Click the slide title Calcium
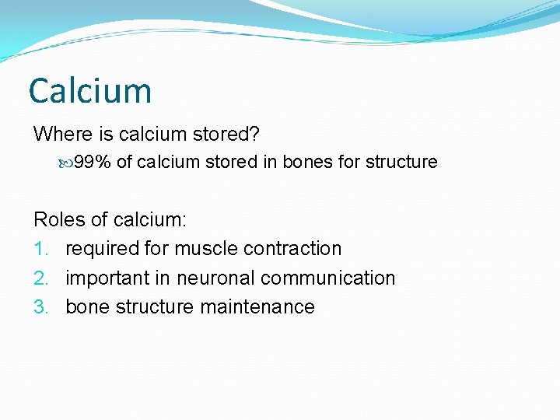click(90, 91)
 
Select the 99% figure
click(92, 162)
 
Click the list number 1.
click(40, 249)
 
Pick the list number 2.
click(41, 278)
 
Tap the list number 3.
click(41, 307)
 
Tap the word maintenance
click(257, 307)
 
